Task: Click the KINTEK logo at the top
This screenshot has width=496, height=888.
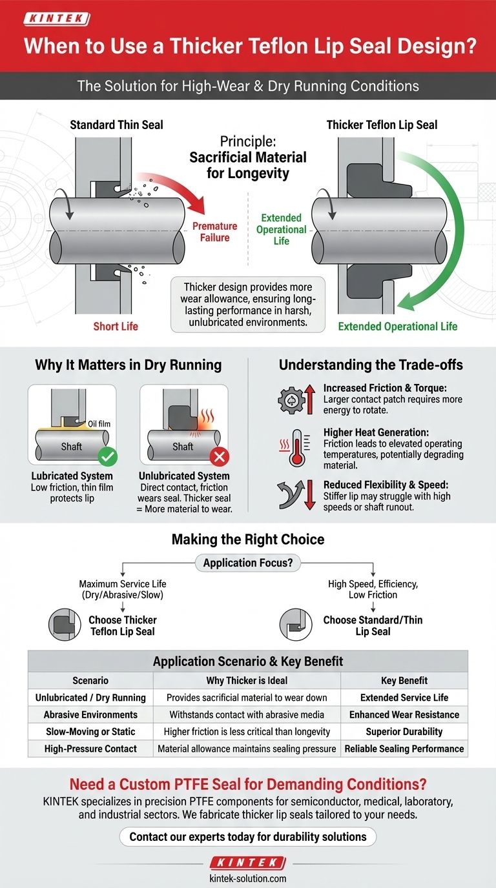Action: pos(56,19)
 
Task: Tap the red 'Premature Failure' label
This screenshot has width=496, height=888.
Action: pos(214,232)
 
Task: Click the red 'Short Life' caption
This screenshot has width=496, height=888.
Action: pos(116,326)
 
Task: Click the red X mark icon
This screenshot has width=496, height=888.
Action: pos(220,458)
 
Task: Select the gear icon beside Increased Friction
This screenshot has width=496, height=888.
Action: pos(291,401)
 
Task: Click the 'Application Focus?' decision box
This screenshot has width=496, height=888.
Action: pos(248,563)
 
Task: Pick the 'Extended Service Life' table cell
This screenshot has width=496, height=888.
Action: pos(404,698)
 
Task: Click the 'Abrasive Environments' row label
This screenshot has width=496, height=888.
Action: pos(90,714)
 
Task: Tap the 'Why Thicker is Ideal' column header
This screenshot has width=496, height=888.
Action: pos(247,680)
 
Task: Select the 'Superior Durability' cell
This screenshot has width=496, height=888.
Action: pos(404,731)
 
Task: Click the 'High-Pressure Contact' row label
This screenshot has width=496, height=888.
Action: pos(90,749)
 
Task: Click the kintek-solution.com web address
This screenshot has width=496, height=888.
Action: pos(248,878)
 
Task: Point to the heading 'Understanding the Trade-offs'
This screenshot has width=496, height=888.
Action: pos(371,365)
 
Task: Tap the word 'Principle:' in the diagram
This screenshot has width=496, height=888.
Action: pos(248,141)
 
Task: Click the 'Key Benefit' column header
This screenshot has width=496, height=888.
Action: pos(404,680)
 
